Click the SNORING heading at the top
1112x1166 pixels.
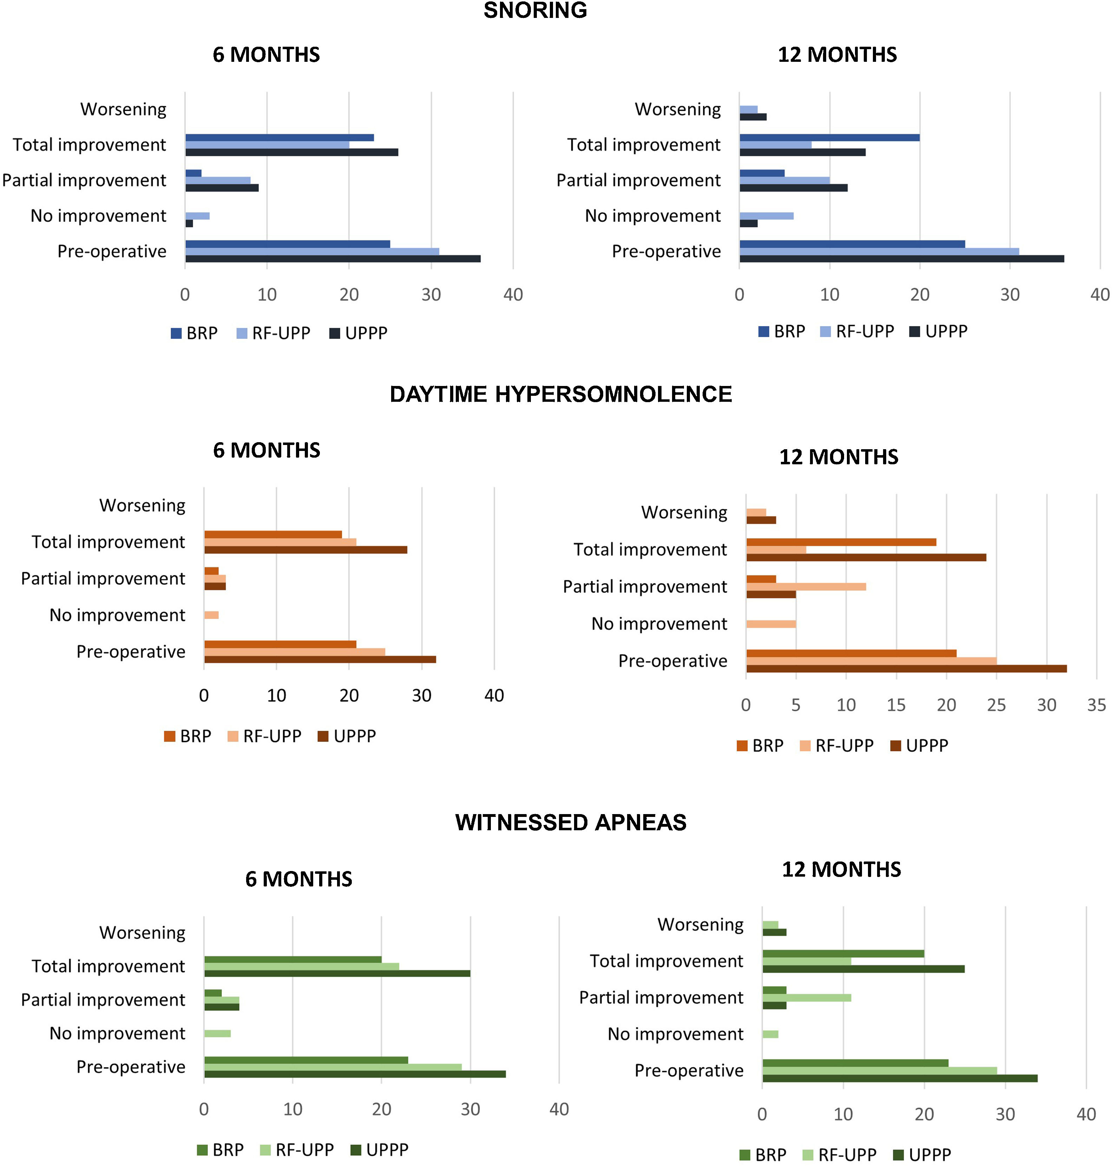(x=535, y=10)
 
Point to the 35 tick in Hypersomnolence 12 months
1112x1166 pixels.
(x=1096, y=705)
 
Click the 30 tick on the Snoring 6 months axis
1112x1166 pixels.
(x=431, y=295)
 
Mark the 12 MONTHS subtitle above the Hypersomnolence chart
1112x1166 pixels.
(x=838, y=457)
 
